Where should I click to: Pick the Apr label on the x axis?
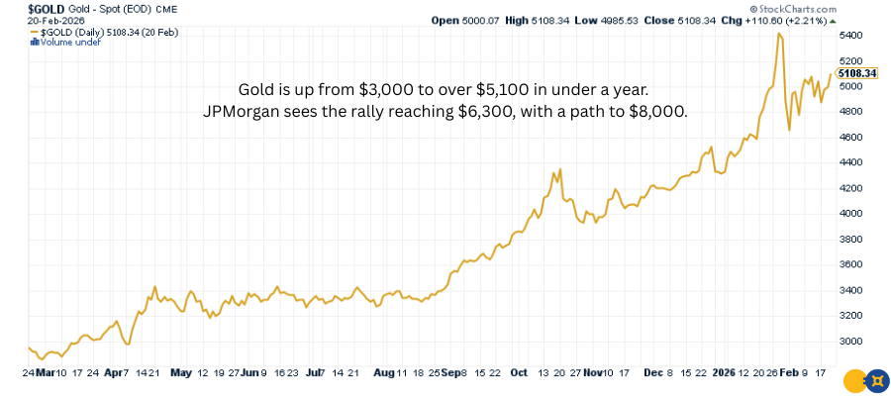pos(116,373)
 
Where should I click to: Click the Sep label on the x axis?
pos(451,373)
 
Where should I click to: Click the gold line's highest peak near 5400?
pos(780,34)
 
